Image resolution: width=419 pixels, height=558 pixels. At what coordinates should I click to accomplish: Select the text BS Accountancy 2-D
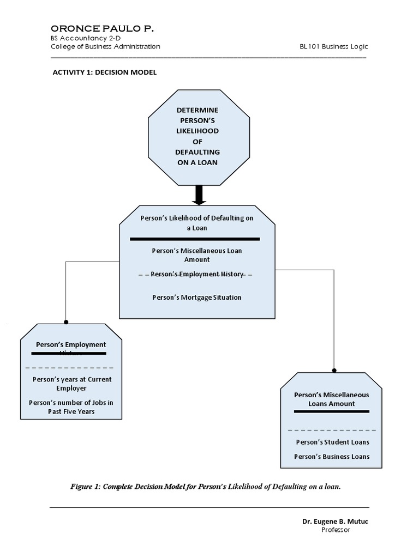81,38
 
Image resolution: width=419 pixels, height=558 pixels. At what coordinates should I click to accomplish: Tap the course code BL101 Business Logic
333,47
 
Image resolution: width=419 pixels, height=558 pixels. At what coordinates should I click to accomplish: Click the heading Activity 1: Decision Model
104,72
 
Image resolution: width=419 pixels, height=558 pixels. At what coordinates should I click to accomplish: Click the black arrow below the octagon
199,195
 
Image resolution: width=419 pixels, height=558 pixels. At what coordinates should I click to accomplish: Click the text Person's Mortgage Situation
197,298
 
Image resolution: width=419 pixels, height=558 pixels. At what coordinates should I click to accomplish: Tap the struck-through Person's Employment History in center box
196,274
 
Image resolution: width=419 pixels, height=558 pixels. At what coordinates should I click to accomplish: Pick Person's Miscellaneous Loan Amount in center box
197,255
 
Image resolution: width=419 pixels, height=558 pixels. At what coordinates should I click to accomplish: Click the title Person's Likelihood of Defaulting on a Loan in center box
197,223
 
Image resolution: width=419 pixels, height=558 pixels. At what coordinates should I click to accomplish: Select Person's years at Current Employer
71,384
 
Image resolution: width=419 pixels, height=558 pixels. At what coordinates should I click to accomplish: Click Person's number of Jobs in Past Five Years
71,407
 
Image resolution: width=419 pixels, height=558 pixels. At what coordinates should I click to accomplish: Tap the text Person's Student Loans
332,442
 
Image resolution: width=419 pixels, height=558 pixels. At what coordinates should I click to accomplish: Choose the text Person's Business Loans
332,457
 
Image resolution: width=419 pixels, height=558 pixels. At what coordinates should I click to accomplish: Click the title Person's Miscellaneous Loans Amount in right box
332,399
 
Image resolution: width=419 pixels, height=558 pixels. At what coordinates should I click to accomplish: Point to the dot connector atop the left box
66,322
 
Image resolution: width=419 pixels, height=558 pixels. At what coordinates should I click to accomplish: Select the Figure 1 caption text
206,487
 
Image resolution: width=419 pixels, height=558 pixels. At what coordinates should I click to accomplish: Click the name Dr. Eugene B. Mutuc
335,521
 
